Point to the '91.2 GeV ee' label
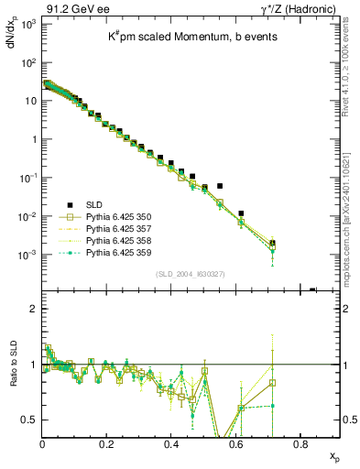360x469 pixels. coord(71,8)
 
